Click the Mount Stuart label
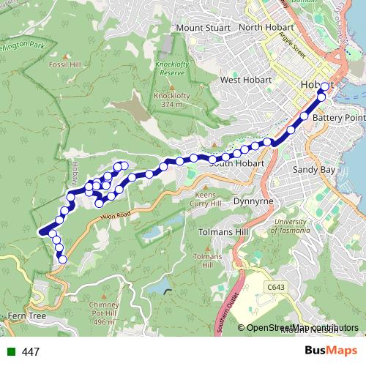tap(201, 29)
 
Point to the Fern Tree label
tap(26, 315)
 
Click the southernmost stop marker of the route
tap(62, 259)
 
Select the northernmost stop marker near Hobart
tap(325, 86)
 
